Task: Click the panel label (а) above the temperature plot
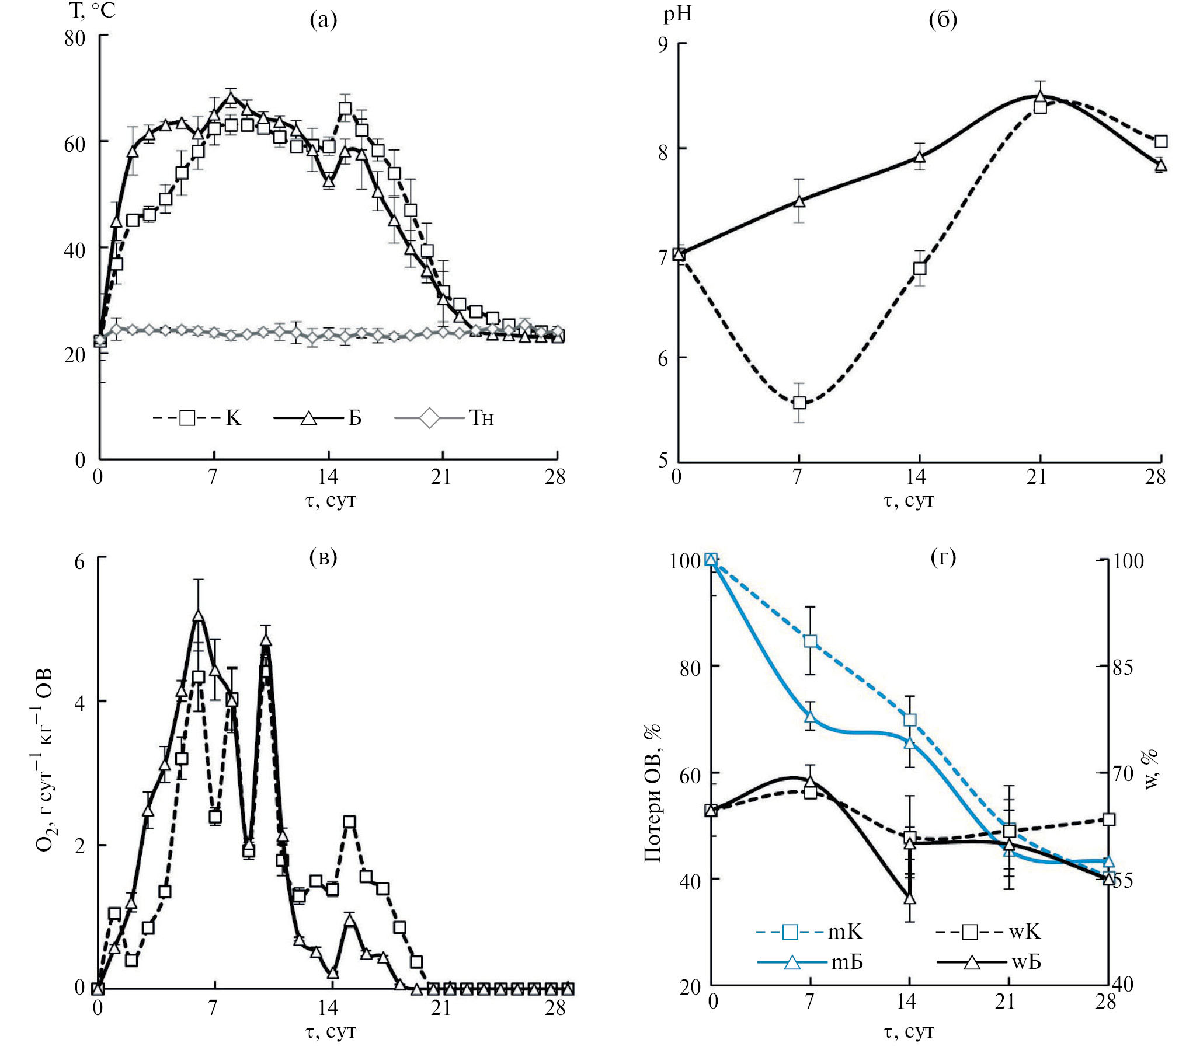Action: [x=324, y=20]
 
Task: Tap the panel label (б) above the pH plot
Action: [x=942, y=20]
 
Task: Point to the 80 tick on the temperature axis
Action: [x=75, y=39]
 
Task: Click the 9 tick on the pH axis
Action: [x=663, y=44]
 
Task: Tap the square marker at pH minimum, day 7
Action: [x=799, y=403]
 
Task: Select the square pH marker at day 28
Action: [x=1161, y=141]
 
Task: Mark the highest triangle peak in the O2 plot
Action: [x=199, y=616]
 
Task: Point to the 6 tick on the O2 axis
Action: [x=80, y=561]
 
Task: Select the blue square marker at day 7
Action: [x=810, y=641]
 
